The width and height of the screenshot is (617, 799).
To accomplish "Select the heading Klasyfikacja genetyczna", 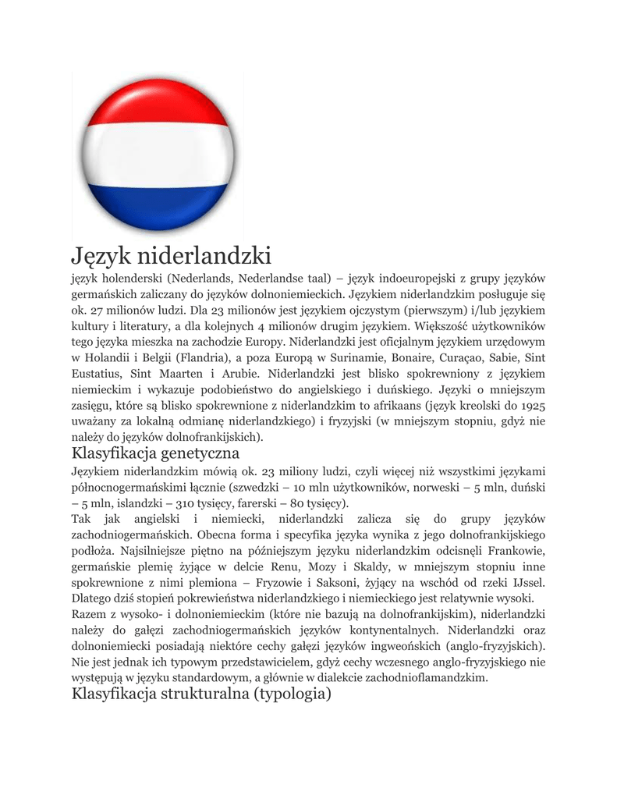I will pos(155,453).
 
